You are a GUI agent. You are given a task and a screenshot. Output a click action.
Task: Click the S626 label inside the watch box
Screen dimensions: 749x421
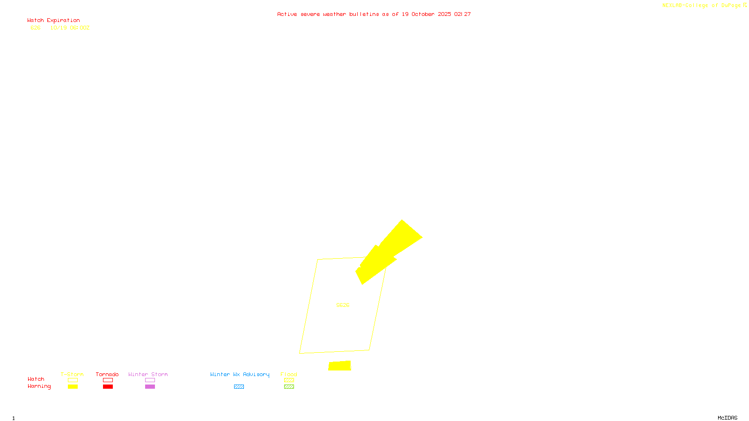[343, 305]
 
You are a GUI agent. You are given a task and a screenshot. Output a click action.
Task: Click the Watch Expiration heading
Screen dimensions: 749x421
[53, 21]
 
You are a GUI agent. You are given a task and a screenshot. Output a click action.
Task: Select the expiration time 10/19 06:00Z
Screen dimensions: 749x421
[70, 28]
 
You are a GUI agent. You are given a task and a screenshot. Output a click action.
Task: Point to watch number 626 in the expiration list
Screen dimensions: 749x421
[36, 28]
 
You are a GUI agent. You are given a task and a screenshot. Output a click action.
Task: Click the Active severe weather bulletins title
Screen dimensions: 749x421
[374, 15]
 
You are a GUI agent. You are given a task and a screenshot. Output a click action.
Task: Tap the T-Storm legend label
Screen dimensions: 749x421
[72, 374]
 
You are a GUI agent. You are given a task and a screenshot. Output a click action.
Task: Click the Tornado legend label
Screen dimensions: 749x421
[107, 374]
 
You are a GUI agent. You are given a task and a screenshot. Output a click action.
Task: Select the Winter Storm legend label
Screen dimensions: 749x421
[148, 374]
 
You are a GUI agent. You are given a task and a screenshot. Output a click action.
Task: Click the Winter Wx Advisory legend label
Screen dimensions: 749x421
[240, 374]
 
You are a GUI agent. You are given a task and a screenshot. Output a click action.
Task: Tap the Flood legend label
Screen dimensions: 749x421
[289, 374]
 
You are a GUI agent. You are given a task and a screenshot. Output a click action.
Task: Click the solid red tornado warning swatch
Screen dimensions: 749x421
[108, 387]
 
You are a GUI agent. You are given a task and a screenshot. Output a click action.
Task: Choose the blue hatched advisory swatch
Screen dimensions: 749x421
[239, 387]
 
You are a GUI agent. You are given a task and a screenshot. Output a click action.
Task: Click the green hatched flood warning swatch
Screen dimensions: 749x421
[289, 387]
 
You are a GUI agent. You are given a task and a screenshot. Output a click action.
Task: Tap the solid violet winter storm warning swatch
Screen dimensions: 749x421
[150, 387]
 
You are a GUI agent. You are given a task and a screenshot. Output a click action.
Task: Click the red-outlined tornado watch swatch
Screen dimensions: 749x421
[108, 380]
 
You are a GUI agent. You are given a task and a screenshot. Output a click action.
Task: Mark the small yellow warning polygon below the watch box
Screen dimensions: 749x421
[339, 366]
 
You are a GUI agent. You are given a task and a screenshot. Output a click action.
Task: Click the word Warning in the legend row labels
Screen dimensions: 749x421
[39, 386]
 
